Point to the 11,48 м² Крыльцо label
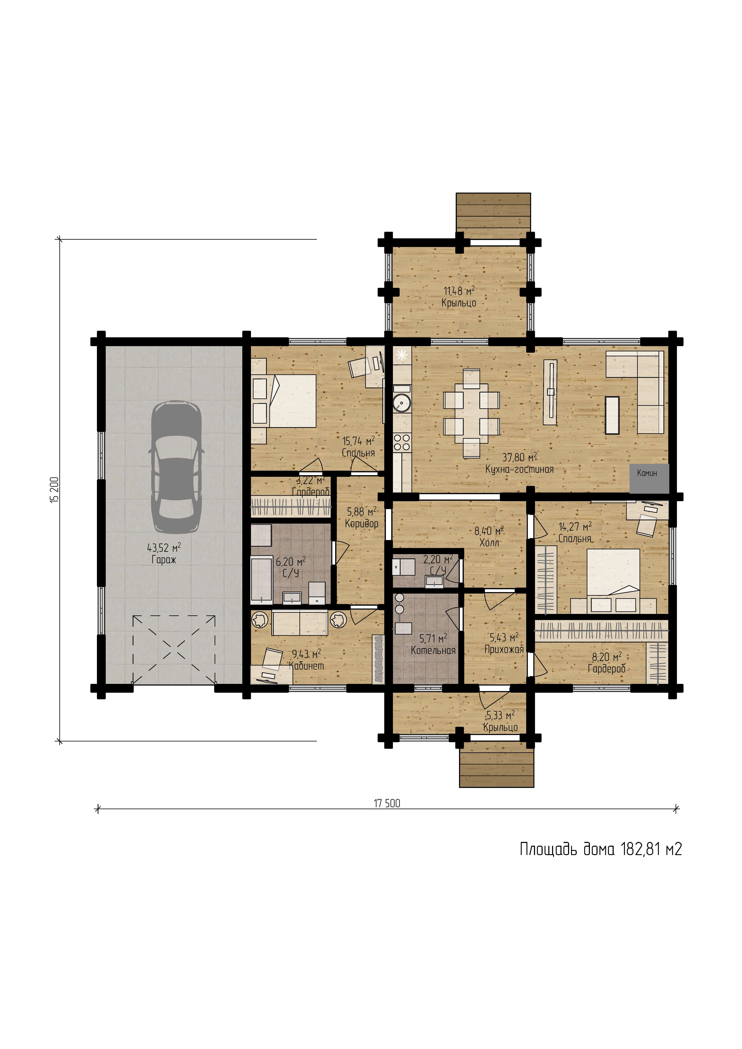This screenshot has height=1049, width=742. [x=459, y=297]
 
